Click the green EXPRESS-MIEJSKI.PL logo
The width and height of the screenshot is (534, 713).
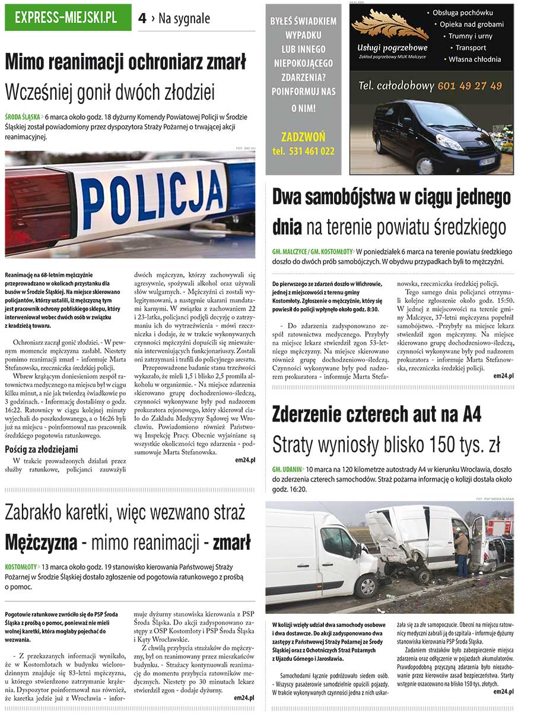[x=68, y=18]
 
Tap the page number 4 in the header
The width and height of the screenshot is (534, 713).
[x=142, y=19]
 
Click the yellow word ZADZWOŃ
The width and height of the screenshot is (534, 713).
[x=303, y=137]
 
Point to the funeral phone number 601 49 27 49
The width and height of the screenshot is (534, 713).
[x=469, y=86]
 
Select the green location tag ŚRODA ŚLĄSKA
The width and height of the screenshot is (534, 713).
[x=23, y=117]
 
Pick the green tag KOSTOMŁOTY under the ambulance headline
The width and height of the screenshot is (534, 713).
[x=21, y=566]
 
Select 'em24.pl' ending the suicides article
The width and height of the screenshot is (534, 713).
[x=503, y=376]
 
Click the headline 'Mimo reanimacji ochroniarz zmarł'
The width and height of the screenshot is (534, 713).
[x=125, y=62]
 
